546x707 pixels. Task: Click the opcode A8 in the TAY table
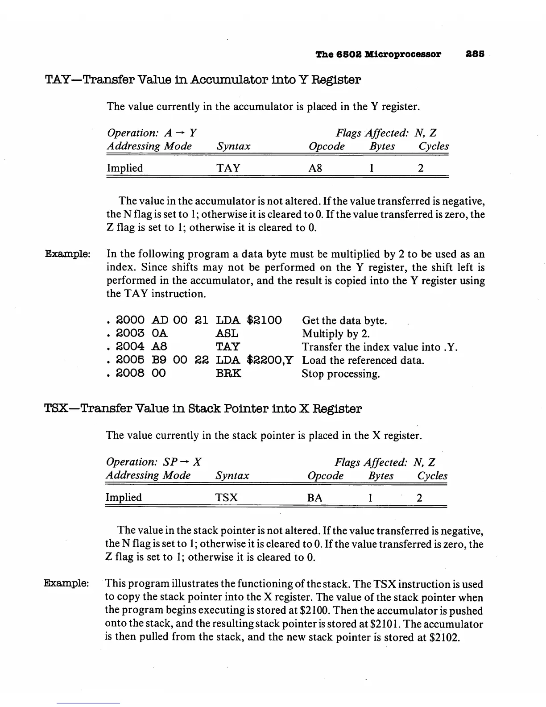[x=315, y=168]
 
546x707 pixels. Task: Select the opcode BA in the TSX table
[x=315, y=498]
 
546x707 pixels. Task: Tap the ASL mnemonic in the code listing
[x=227, y=333]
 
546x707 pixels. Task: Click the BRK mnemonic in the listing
[x=228, y=373]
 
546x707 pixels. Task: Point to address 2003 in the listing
[x=130, y=333]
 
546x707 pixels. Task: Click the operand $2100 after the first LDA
[x=265, y=320]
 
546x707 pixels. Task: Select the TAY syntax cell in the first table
[x=228, y=168]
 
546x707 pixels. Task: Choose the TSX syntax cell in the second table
[x=227, y=498]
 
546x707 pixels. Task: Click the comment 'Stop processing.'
[x=341, y=374]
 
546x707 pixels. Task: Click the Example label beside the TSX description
[x=66, y=583]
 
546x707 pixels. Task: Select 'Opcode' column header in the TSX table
[x=326, y=476]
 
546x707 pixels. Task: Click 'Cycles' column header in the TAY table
[x=434, y=146]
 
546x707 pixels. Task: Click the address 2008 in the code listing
[x=130, y=373]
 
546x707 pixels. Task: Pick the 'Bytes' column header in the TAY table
[x=382, y=146]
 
